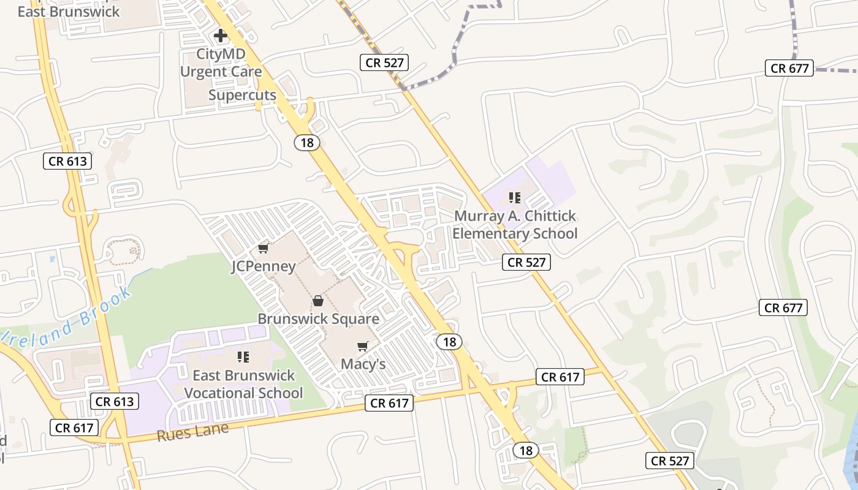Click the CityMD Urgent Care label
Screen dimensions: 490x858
pyautogui.click(x=221, y=63)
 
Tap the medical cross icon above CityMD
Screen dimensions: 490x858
pyautogui.click(x=221, y=36)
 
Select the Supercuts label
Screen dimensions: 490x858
pyautogui.click(x=242, y=95)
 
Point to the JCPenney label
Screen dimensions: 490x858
pyautogui.click(x=263, y=266)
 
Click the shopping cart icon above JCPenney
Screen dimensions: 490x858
pyautogui.click(x=264, y=248)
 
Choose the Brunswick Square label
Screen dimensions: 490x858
pyautogui.click(x=318, y=319)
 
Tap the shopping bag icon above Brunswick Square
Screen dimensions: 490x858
pyautogui.click(x=318, y=301)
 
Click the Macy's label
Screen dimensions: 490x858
pyautogui.click(x=363, y=364)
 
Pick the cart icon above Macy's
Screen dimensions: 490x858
pyautogui.click(x=363, y=347)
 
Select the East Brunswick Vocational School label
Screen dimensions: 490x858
pyautogui.click(x=243, y=384)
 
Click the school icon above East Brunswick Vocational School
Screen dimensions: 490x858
pyautogui.click(x=243, y=356)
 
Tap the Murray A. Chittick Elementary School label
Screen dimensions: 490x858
pyautogui.click(x=515, y=225)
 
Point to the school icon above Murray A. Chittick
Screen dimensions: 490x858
pyautogui.click(x=515, y=197)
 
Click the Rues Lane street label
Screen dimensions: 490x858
pyautogui.click(x=192, y=432)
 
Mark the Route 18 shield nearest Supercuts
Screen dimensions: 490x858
pyautogui.click(x=307, y=143)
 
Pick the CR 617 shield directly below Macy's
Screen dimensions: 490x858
pyautogui.click(x=389, y=403)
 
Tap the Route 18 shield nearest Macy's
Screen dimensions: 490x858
pyautogui.click(x=449, y=342)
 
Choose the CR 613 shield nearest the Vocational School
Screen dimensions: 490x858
pyautogui.click(x=115, y=402)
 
